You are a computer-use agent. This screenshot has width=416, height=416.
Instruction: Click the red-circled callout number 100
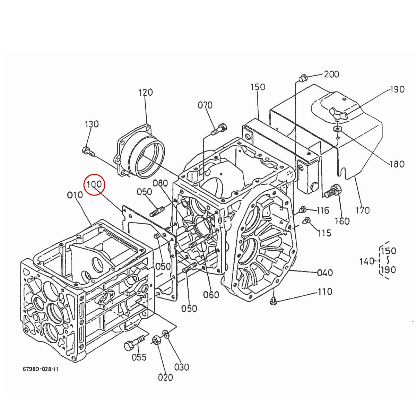[x=94, y=184]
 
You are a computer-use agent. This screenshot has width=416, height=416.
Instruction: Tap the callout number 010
[x=75, y=195]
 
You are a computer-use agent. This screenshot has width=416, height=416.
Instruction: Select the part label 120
[x=146, y=93]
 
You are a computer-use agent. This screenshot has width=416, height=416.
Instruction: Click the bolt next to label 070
[x=218, y=130]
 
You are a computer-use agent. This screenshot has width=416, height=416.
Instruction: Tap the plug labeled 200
[x=302, y=78]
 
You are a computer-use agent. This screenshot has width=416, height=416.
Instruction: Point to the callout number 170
[x=363, y=210]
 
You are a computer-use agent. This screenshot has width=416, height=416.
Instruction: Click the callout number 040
[x=325, y=273]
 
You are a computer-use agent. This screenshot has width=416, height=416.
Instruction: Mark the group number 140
[x=367, y=261]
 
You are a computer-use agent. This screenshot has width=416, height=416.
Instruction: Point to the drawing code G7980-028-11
[x=40, y=369]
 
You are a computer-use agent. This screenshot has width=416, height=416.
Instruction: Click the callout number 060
[x=211, y=295]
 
